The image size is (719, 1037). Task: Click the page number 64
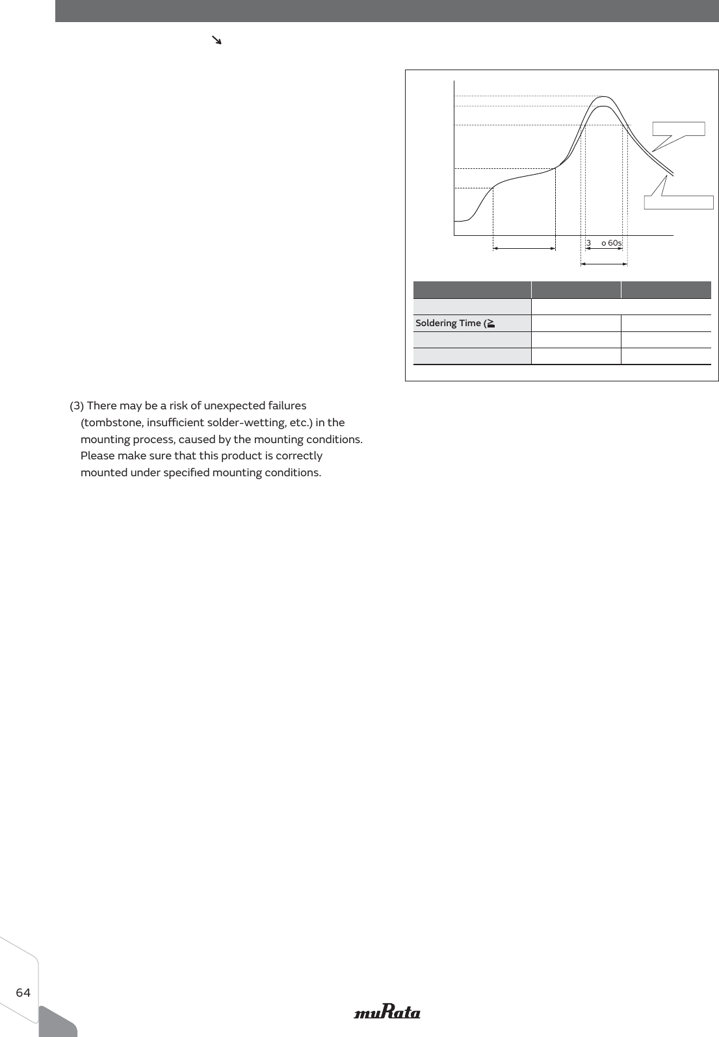[23, 992]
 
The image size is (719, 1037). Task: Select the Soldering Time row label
[449, 323]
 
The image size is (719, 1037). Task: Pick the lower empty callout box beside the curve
[679, 201]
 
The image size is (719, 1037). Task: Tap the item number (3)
[77, 405]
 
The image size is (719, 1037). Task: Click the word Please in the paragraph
[98, 455]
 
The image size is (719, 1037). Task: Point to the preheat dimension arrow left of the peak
[524, 248]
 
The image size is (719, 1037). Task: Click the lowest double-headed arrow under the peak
[604, 264]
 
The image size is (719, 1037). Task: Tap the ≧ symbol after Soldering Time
[490, 323]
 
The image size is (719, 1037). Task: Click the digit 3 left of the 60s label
[588, 243]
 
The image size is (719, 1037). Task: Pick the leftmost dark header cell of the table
[472, 290]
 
